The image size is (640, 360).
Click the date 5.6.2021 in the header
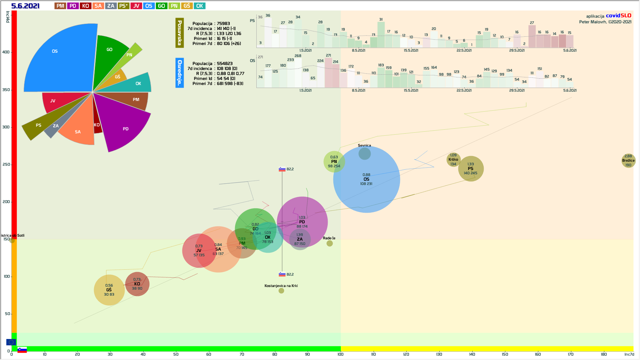25,6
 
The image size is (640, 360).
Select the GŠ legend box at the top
187,6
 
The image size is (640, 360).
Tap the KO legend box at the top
85,6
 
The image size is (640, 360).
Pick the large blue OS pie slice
60,60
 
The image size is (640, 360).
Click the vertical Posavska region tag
179,33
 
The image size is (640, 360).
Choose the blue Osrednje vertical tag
179,73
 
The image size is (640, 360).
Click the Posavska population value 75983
223,24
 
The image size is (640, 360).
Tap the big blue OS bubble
366,187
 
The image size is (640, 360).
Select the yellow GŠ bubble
109,290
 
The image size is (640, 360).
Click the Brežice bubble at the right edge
628,161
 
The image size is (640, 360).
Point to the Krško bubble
453,160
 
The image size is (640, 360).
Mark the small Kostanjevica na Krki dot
281,291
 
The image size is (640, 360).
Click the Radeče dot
329,243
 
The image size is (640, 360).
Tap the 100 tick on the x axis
340,354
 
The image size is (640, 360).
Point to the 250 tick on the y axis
6,164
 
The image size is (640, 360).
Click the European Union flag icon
11,342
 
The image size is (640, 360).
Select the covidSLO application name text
618,16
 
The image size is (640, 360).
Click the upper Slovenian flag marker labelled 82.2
282,169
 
